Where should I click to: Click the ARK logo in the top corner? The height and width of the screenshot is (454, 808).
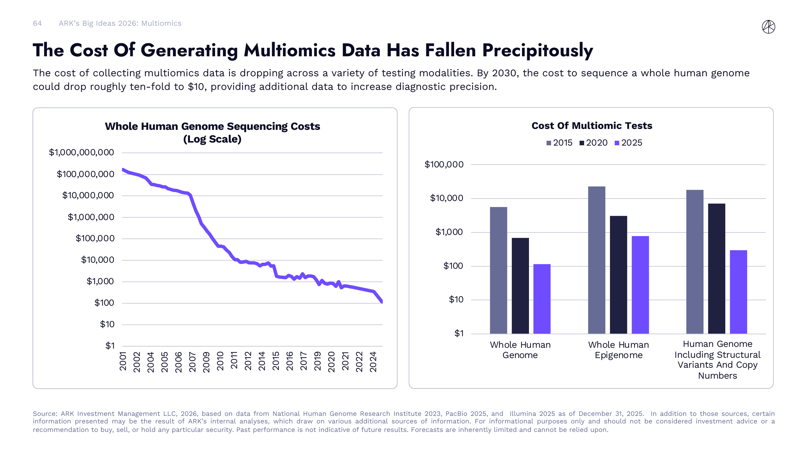pos(768,27)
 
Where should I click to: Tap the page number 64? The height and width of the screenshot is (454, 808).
pos(37,24)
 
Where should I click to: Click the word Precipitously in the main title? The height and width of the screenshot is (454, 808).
pos(537,51)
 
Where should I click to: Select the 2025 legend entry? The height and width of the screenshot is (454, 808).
pos(628,143)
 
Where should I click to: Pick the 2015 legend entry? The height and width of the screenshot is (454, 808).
pos(560,143)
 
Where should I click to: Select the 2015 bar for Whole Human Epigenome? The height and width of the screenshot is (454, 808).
pos(596,260)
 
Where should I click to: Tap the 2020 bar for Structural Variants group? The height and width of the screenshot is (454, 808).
pos(717,268)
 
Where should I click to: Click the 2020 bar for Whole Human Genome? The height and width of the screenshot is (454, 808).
pos(520,285)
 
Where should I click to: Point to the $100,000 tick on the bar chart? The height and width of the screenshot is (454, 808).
pos(444,164)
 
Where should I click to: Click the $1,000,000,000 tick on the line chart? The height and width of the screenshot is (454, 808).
pos(81,153)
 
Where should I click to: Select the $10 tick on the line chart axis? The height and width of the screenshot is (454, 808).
pos(107,324)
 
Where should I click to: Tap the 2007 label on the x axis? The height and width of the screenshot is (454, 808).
pos(192,362)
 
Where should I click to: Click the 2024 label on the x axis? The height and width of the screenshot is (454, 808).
pos(373,362)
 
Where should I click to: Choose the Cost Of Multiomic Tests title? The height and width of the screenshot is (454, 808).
pos(592,126)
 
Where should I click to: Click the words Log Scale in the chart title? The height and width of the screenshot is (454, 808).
pos(212,139)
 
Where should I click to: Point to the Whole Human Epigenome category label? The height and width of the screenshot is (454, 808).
pos(618,350)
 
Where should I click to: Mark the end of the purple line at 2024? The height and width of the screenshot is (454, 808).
pos(382,301)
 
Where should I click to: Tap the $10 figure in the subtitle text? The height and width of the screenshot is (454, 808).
pos(196,87)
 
